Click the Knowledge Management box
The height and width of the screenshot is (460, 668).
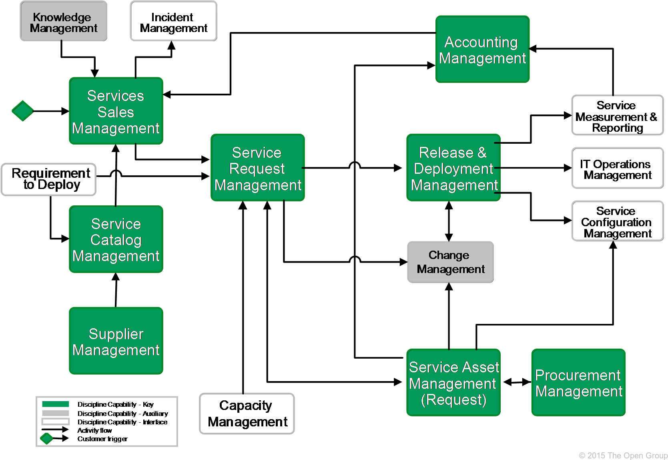[63, 21]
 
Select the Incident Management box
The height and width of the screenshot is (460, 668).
[173, 21]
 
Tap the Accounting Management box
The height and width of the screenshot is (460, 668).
[482, 49]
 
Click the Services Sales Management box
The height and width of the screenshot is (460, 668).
[116, 111]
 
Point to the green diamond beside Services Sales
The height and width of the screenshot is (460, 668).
[22, 110]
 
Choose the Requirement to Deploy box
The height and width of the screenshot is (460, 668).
[48, 179]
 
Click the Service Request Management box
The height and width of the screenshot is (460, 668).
[257, 168]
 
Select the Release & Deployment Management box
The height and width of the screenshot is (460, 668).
[453, 168]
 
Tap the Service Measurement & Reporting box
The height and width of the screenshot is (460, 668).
[617, 115]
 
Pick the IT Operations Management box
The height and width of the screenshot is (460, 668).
[617, 168]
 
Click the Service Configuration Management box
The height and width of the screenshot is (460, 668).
[617, 221]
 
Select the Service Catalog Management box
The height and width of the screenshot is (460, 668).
[116, 239]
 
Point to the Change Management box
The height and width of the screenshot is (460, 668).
[450, 262]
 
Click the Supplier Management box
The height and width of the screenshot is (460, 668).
[116, 341]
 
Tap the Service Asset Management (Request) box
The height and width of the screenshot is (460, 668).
[453, 383]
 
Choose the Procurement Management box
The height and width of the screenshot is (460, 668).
[578, 383]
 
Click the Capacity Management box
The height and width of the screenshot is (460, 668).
[247, 414]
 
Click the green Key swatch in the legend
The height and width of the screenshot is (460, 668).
[55, 404]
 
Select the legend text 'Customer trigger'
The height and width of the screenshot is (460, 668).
[102, 439]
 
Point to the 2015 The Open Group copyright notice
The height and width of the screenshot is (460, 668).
[623, 455]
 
